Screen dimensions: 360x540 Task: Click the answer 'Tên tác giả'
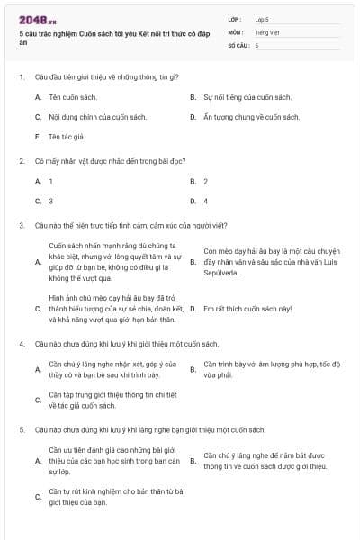point(65,137)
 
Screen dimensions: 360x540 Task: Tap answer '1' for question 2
point(50,181)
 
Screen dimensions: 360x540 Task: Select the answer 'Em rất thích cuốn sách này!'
point(247,309)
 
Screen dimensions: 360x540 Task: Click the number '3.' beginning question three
point(21,225)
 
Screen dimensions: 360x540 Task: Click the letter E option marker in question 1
point(38,137)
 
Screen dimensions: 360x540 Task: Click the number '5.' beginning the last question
point(21,430)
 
